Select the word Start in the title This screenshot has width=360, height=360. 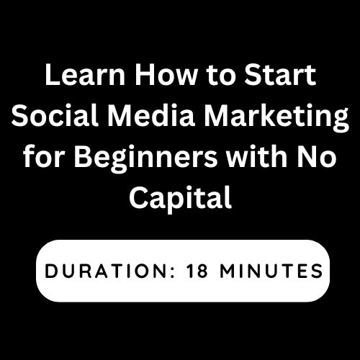point(280,75)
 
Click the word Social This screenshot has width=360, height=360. point(55,115)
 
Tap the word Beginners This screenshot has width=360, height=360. point(145,159)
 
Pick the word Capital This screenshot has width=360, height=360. point(181,200)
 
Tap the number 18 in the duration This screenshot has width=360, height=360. point(197,271)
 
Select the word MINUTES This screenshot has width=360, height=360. point(271,271)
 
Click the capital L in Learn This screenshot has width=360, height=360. point(53,75)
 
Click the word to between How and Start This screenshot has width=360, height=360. point(220,76)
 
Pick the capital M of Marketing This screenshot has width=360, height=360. point(217,116)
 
